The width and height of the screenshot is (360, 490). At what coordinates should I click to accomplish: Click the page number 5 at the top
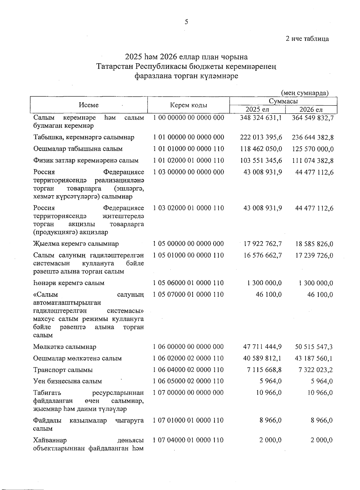tap(186, 22)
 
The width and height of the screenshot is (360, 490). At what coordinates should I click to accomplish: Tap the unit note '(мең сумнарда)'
tap(305, 93)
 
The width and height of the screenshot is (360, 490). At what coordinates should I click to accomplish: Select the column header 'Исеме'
tap(89, 105)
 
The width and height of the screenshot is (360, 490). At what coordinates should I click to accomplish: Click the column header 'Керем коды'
tap(188, 105)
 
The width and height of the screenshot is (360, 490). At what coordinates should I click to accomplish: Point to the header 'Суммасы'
tap(283, 101)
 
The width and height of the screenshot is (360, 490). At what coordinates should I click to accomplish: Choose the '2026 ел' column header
tap(311, 109)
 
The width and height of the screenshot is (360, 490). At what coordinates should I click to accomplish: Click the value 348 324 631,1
tap(261, 118)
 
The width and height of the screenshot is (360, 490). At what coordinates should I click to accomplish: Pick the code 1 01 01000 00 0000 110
tap(188, 149)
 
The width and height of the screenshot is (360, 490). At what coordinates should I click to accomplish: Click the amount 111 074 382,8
tap(313, 160)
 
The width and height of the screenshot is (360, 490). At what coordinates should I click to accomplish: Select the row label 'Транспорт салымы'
tap(63, 370)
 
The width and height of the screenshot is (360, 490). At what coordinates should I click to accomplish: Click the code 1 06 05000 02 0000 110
tap(188, 381)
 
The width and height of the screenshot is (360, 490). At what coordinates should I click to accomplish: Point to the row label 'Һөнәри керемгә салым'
tap(69, 283)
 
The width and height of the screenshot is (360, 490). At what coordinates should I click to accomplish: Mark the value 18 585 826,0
tap(314, 244)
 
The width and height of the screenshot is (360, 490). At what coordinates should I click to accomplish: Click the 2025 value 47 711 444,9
tap(262, 347)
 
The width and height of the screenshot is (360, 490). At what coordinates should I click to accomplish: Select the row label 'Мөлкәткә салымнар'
tap(65, 347)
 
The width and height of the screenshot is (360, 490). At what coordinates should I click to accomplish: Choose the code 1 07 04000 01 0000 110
tap(188, 440)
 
